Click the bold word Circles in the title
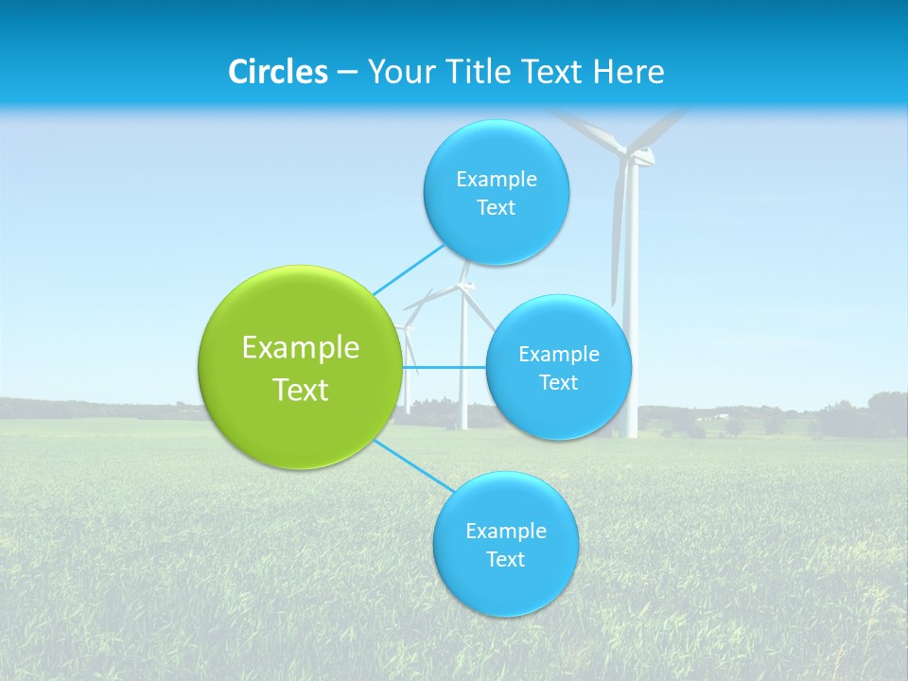coord(278,72)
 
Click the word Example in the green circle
coord(301,348)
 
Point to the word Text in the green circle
coord(301,390)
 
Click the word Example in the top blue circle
coord(497,179)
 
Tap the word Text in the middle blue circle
coord(559,383)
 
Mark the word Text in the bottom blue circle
coord(505,560)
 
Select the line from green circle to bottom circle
coord(413,465)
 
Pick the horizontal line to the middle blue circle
coord(445,367)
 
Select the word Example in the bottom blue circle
coord(506,532)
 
